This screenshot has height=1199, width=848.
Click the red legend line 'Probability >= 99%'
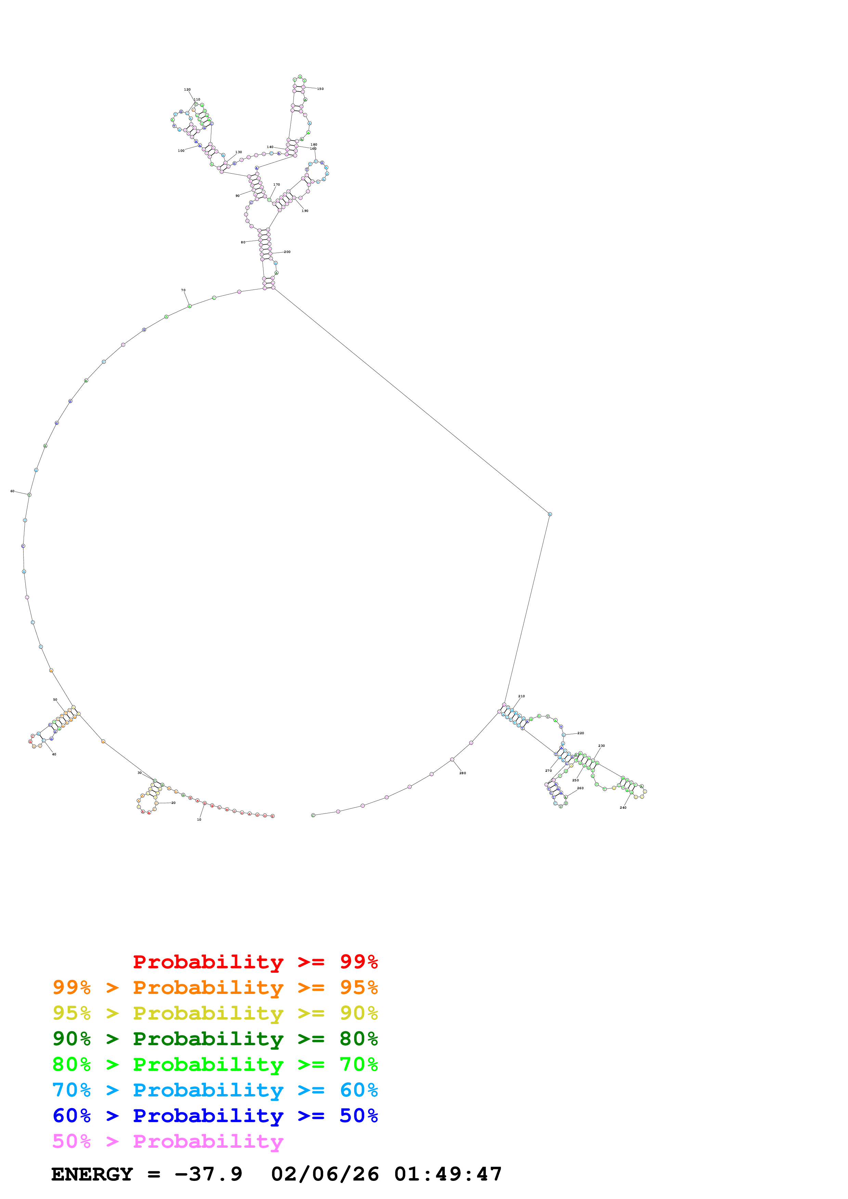255,962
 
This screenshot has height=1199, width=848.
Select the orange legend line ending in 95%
215,987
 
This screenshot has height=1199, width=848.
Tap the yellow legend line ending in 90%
215,1013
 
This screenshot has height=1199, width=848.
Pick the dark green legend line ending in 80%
215,1039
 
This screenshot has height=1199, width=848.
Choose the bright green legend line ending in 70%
215,1064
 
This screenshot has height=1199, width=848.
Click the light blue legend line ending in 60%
215,1090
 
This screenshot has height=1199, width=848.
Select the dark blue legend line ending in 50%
215,1116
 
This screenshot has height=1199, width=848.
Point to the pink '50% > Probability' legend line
168,1141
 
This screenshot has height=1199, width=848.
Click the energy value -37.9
208,1174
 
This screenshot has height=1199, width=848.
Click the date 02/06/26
325,1174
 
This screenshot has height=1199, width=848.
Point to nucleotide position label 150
320,89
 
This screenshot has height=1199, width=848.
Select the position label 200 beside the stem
287,252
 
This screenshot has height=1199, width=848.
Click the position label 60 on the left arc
13,491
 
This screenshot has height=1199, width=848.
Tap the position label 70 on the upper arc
183,290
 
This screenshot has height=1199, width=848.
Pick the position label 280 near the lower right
462,773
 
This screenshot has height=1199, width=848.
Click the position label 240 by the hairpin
623,807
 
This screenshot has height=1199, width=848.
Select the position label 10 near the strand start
199,819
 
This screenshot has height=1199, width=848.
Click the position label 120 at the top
187,89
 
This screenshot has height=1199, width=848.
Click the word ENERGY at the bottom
92,1174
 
